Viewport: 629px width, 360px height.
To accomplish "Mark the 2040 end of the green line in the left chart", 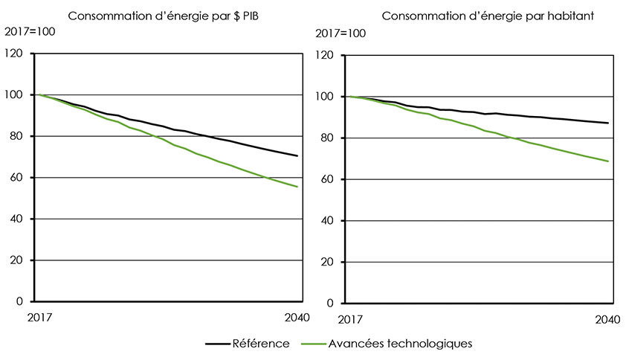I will click(x=298, y=187).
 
